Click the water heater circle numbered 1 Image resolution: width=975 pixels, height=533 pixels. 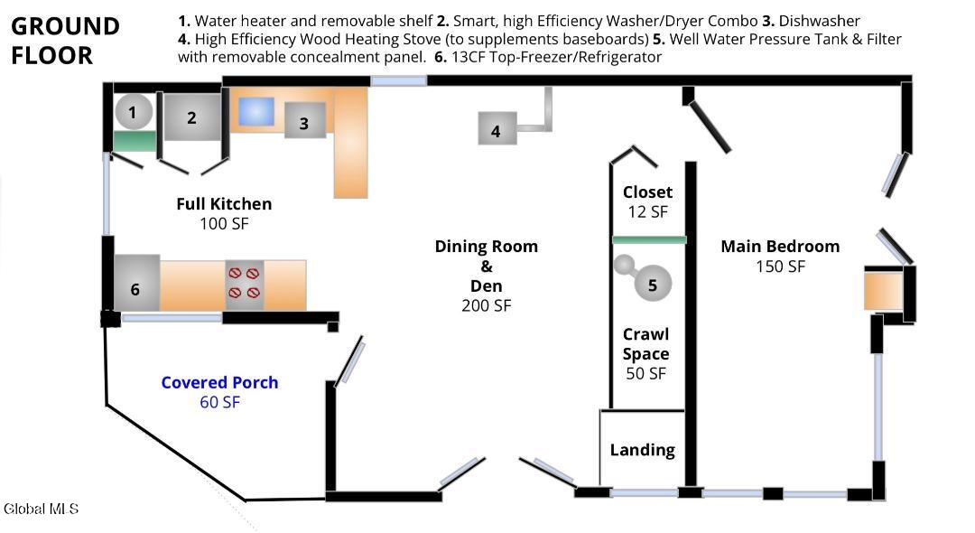tap(133, 112)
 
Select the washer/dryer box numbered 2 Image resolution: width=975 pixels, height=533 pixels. tap(192, 117)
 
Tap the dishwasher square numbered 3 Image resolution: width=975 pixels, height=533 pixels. tap(305, 120)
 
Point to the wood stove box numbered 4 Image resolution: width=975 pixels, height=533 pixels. tap(497, 129)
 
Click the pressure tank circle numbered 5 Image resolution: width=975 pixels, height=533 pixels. tap(653, 283)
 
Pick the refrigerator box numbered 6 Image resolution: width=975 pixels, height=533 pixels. tap(137, 283)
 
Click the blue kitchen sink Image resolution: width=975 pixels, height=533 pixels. tap(256, 112)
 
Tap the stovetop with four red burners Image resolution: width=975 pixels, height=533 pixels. tap(245, 285)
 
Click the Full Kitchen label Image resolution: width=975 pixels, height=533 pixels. tap(224, 204)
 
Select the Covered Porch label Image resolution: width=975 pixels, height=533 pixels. tap(219, 382)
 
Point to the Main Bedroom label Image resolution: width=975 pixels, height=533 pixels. tap(780, 247)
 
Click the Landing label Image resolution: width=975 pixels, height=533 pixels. tap(643, 450)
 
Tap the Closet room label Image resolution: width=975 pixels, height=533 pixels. tap(647, 192)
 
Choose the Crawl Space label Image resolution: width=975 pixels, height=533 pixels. tap(646, 344)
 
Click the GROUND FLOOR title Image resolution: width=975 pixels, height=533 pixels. tap(65, 41)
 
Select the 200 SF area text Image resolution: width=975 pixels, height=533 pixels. tap(487, 306)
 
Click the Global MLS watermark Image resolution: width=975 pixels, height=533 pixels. tap(41, 509)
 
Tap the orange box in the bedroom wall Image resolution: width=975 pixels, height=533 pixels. tap(883, 291)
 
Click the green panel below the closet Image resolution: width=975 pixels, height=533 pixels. tap(649, 239)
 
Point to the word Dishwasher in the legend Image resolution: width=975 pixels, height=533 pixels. tap(820, 21)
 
